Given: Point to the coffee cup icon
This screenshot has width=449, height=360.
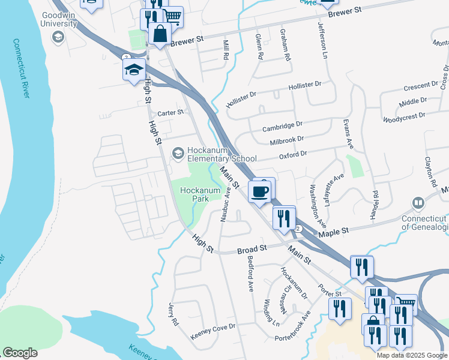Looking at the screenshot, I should tap(259, 191).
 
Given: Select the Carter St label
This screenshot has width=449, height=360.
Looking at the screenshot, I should tap(170, 113).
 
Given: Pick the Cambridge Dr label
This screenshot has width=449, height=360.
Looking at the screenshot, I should tap(282, 127).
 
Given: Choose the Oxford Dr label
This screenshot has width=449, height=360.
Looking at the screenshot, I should tap(293, 154).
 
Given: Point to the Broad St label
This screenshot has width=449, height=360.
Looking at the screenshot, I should tap(252, 248).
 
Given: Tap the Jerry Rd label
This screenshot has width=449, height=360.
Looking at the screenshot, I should tap(174, 314).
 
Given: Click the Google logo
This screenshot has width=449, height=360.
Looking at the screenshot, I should tap(20, 353).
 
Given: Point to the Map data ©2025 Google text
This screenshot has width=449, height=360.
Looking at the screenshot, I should tap(411, 355).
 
